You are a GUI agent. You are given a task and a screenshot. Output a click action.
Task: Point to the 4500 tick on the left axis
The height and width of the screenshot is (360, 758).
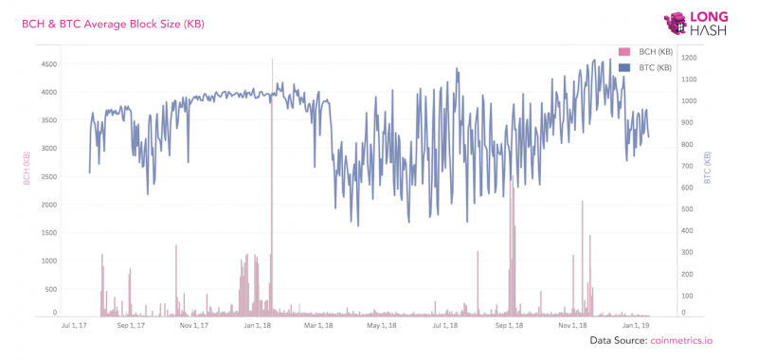coord(47,64)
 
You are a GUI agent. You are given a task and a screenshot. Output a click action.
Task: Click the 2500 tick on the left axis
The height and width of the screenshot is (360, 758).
coord(47,177)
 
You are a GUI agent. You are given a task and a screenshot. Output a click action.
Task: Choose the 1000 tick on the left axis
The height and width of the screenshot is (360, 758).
coord(47,261)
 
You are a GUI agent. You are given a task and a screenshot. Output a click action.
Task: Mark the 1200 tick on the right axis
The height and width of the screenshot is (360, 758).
coord(688,58)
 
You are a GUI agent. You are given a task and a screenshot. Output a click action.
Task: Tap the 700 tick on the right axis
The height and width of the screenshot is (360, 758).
coord(688,166)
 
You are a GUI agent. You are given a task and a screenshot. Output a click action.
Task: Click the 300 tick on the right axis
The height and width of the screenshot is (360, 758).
coord(688,253)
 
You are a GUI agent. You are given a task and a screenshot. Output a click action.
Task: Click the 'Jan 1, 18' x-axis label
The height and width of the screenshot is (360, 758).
coord(255,325)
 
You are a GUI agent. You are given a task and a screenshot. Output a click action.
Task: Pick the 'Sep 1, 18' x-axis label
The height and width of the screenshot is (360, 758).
coord(509,325)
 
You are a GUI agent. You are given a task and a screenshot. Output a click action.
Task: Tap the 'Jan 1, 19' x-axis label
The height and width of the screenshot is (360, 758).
coord(635,325)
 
